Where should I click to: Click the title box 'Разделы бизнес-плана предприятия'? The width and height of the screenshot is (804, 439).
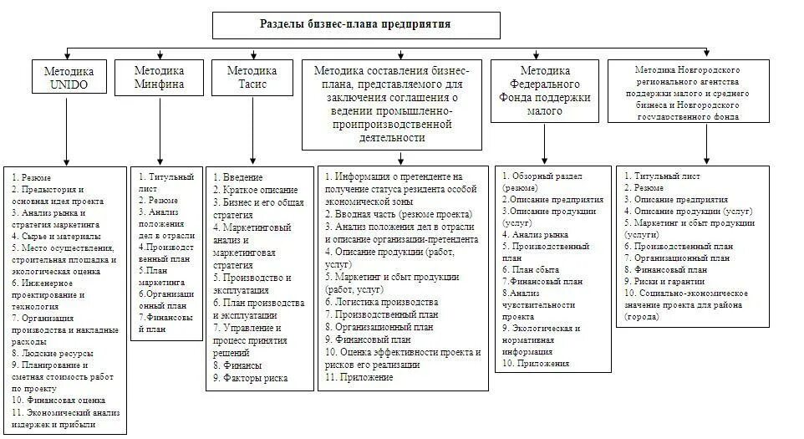coord(356,25)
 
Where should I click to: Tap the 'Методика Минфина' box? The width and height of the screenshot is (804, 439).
coord(160,77)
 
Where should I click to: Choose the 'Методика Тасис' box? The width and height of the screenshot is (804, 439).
coord(252,77)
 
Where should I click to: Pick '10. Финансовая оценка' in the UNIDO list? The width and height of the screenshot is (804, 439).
coord(58,401)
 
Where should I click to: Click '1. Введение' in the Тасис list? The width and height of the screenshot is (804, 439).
coord(238,177)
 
